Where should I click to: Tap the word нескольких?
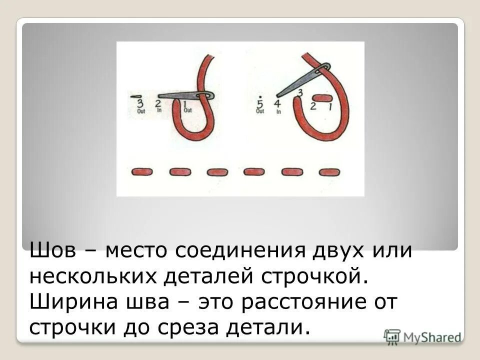click(x=93, y=276)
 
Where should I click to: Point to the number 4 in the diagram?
click(x=277, y=104)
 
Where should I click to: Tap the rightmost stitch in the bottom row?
click(x=329, y=172)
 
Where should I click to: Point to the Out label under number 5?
click(x=259, y=112)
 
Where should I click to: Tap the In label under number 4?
click(x=278, y=112)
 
